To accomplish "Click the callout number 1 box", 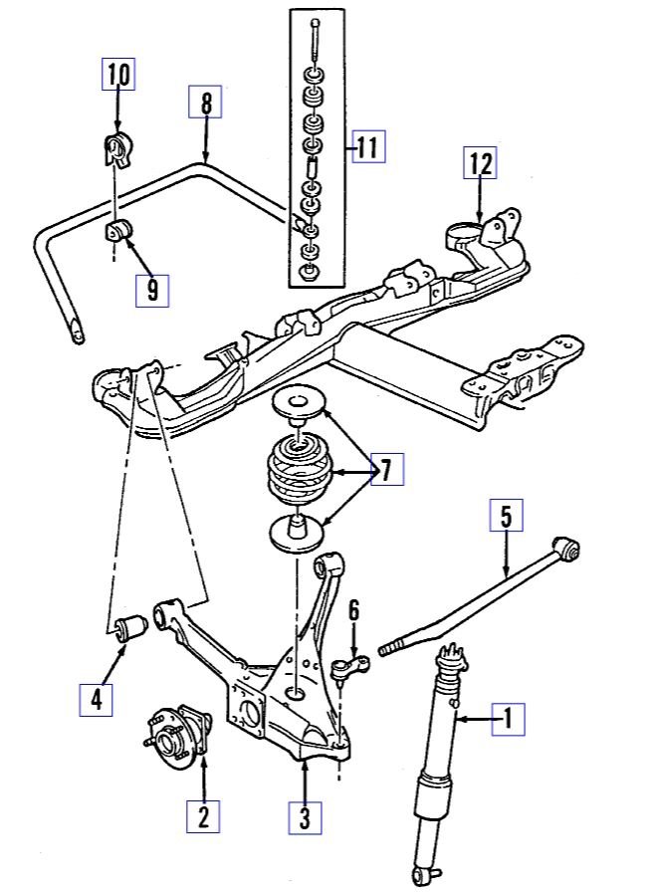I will point(508,717).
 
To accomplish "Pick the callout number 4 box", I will point(97,699).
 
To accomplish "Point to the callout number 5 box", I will point(505,517).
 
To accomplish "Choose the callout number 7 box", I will point(386,469).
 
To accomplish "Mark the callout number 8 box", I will point(207,104).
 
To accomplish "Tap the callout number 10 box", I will point(118,75).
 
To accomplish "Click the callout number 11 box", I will point(366,148).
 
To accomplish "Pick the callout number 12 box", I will point(480,162).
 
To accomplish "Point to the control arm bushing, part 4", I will point(131,629).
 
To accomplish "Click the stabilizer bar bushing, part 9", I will point(117,233).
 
